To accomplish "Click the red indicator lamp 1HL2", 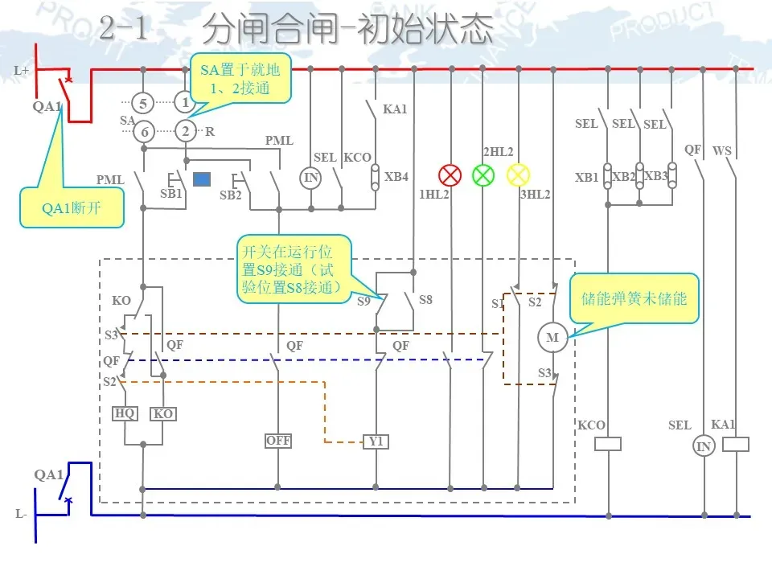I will point(450,175).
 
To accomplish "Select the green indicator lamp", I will point(482,175).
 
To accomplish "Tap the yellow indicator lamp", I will point(519,175).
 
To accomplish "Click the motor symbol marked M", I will point(552,338).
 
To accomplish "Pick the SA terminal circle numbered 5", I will point(142,104).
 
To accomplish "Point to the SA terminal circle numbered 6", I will point(142,132).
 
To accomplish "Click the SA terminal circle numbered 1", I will point(186,103).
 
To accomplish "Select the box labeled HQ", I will point(125,413).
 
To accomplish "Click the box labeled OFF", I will point(278,441).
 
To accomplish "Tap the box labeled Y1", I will point(376,441).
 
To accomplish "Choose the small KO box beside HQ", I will point(163,413).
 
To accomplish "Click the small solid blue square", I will point(202,179).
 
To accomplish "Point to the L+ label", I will point(22,71).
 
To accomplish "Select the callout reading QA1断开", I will point(72,207).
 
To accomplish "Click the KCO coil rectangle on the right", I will point(608,443).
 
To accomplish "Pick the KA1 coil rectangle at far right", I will point(736,443).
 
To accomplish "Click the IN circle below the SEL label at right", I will point(704,447).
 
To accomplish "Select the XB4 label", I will point(396,176).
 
